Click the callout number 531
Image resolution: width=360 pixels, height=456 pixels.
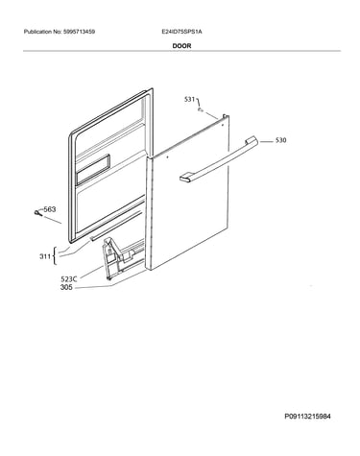(x=189, y=100)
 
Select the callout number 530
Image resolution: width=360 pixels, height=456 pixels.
(x=280, y=140)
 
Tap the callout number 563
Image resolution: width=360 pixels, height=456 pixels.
(x=50, y=209)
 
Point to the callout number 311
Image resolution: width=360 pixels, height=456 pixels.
(x=45, y=256)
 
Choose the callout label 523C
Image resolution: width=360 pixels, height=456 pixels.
(x=69, y=279)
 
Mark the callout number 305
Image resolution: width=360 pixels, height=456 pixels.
(x=66, y=287)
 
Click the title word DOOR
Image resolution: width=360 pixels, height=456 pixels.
(x=181, y=46)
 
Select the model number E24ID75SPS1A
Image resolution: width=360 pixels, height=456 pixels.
(x=181, y=32)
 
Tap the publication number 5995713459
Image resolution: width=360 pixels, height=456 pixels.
(x=79, y=32)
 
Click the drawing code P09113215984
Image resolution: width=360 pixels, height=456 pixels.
(x=307, y=417)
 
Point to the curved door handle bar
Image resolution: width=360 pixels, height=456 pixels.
(x=219, y=160)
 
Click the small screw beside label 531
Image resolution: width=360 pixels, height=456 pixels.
(x=201, y=110)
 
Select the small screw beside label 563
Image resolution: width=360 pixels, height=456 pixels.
(x=38, y=213)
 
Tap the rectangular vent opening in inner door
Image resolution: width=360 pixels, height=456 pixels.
(x=93, y=170)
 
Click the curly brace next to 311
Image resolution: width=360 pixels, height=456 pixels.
(x=55, y=256)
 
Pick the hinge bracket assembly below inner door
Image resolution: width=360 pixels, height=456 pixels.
(x=122, y=257)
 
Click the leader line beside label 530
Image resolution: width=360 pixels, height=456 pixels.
(x=266, y=141)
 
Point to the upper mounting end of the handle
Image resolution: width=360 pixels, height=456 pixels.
(x=252, y=140)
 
